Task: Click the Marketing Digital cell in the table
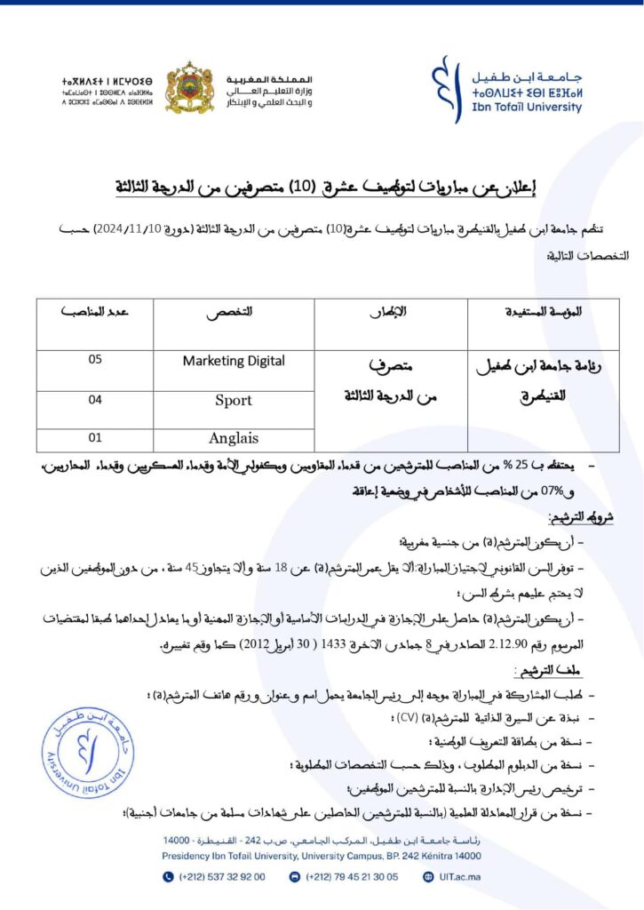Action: coord(234,361)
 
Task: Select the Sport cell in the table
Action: coord(234,400)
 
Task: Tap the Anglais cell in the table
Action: coord(234,438)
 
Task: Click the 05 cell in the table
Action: coord(95,360)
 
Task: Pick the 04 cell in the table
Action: coord(95,400)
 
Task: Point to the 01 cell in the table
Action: coord(95,437)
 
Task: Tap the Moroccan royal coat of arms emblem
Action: coord(189,88)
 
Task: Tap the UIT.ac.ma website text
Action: coord(462,876)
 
